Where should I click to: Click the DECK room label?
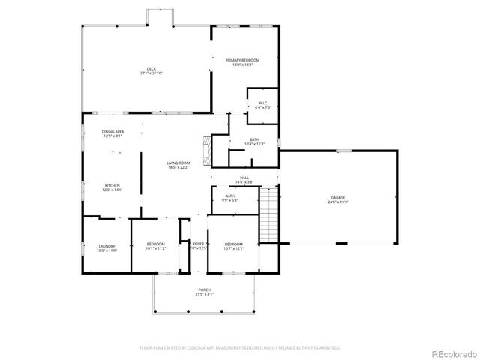[x=151, y=69]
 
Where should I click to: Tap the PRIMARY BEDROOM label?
[x=242, y=60]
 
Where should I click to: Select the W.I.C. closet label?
[x=263, y=103]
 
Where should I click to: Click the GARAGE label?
[x=338, y=198]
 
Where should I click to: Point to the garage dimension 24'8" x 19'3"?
[x=338, y=202]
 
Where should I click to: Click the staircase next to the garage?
[x=269, y=215]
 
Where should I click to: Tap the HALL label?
[x=244, y=178]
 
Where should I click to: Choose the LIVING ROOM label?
[x=178, y=163]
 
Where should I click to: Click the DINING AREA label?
[x=112, y=132]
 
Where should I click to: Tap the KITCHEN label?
[x=112, y=185]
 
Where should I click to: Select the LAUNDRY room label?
[x=106, y=245]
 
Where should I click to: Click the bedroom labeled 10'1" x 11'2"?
[x=155, y=245]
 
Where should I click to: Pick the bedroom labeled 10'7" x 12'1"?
[x=233, y=245]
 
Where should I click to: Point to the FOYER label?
[x=198, y=244]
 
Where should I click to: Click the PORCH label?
[x=205, y=290]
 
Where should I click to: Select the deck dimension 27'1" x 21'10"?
[x=151, y=73]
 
